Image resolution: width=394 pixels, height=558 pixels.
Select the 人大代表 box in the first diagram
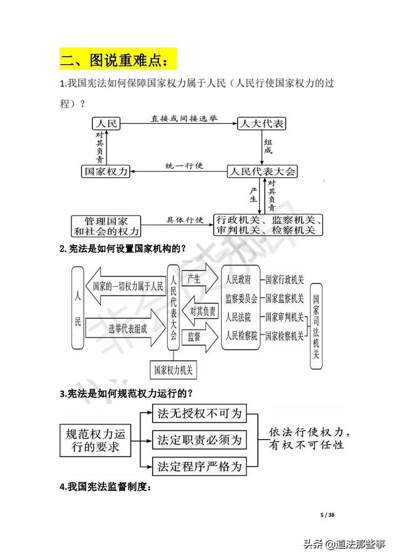(x=262, y=124)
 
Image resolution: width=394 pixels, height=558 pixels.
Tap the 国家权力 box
(x=106, y=172)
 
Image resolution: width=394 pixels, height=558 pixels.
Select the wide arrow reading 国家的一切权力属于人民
(x=126, y=286)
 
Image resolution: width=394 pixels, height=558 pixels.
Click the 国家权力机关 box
(x=173, y=370)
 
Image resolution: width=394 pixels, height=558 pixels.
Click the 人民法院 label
(x=239, y=318)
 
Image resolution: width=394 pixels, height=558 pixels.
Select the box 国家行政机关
(x=284, y=280)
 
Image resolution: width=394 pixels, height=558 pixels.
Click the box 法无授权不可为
(x=199, y=411)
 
